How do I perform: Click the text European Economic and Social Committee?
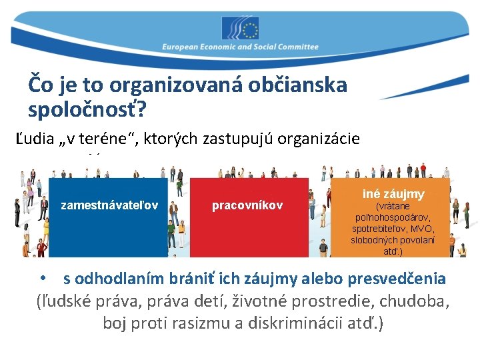pyautogui.click(x=240, y=47)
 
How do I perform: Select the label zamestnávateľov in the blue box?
pyautogui.click(x=109, y=205)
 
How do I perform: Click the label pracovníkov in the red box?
pyautogui.click(x=247, y=205)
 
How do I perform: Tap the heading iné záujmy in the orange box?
pyautogui.click(x=393, y=194)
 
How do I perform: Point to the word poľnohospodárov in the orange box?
pyautogui.click(x=393, y=217)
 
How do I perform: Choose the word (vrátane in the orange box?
pyautogui.click(x=393, y=206)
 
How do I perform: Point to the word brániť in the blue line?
pyautogui.click(x=185, y=278)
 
